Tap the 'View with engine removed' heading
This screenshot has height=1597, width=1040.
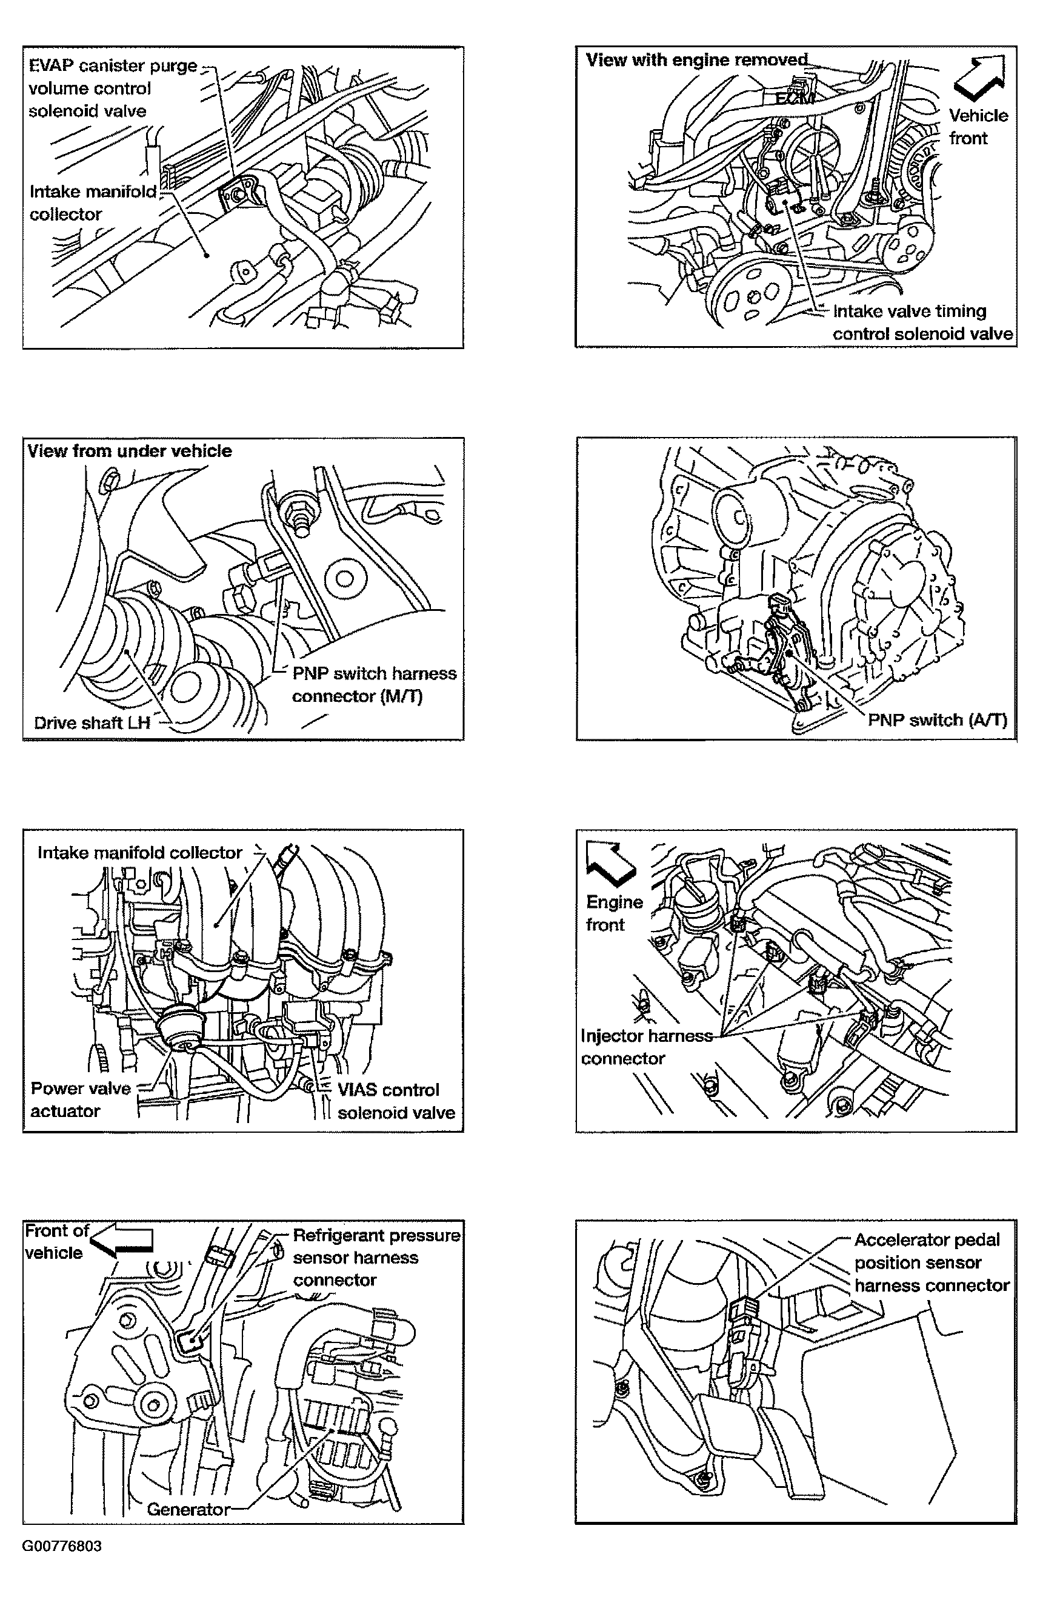pos(696,61)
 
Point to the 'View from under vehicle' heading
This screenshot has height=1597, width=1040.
pos(130,451)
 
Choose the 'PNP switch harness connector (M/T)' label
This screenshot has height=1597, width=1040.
pos(374,684)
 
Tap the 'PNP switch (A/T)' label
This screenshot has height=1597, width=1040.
pos(938,720)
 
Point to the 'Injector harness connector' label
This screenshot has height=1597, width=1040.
pos(646,1047)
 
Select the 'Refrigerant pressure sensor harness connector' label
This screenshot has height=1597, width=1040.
pos(376,1258)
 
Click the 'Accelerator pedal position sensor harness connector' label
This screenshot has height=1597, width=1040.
pos(932,1262)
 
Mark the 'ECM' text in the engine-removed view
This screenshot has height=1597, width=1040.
pos(795,99)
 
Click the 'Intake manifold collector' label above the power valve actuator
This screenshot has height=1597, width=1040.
pos(139,852)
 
